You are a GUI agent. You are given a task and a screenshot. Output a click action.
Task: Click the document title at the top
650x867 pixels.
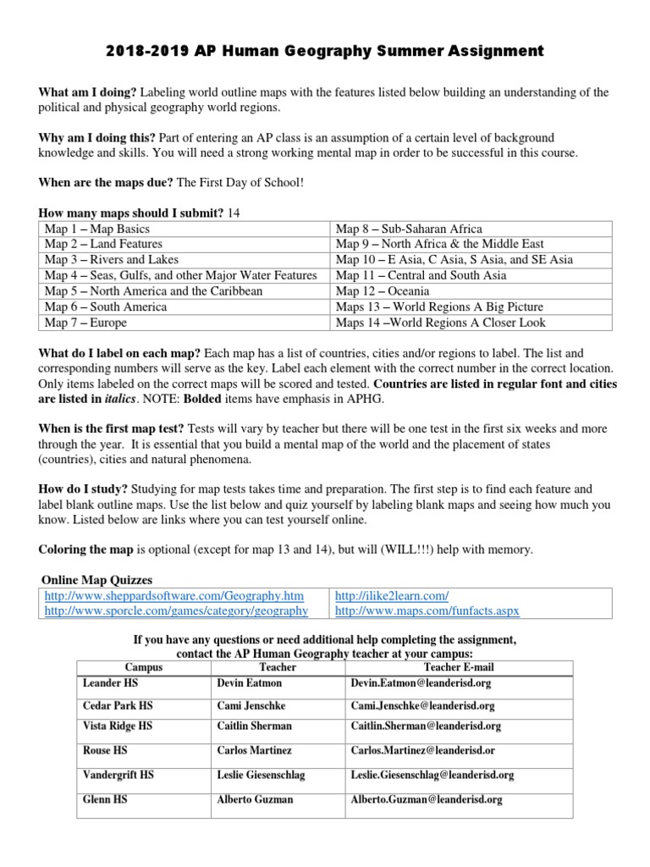[x=325, y=52]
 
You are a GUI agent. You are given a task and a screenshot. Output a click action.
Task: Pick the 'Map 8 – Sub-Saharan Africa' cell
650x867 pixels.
[x=409, y=229]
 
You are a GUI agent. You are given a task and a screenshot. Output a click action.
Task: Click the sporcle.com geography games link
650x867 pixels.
[x=176, y=610]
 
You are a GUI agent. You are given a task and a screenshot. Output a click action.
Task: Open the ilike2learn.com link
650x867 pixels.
[x=392, y=596]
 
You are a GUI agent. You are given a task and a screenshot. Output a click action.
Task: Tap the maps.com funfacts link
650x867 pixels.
[x=427, y=610]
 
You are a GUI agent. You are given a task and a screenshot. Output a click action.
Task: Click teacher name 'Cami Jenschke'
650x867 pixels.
[x=252, y=705]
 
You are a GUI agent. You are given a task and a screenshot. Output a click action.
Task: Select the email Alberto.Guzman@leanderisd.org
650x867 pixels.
[x=426, y=799]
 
